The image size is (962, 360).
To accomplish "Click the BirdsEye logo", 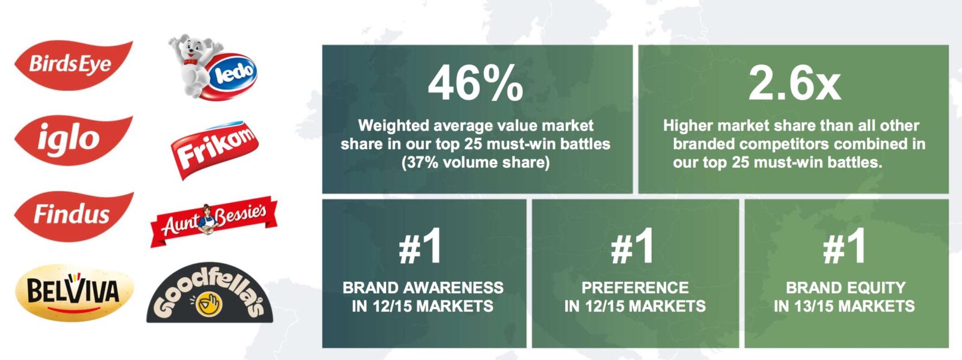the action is tap(73, 65).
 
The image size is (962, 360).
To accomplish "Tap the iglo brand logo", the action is tap(73, 140).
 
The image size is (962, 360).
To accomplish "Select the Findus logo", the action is tap(73, 215).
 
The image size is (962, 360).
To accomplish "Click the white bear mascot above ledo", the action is tap(193, 64).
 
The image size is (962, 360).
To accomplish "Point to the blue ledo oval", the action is tap(233, 76).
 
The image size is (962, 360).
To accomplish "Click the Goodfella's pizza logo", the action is tap(210, 293).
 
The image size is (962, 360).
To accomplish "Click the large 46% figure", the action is tap(476, 83).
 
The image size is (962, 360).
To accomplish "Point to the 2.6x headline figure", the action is tap(794, 83).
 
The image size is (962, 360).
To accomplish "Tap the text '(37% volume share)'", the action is tap(476, 163).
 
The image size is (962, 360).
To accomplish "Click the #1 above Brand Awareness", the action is tap(420, 246).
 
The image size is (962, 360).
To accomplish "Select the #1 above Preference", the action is tap(632, 246).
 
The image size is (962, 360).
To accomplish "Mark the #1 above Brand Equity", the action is tap(844, 246).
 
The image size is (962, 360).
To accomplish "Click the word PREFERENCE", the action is tap(635, 287).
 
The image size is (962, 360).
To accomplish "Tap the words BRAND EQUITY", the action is tap(845, 287).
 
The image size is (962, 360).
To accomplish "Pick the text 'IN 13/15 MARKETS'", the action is tap(844, 306).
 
